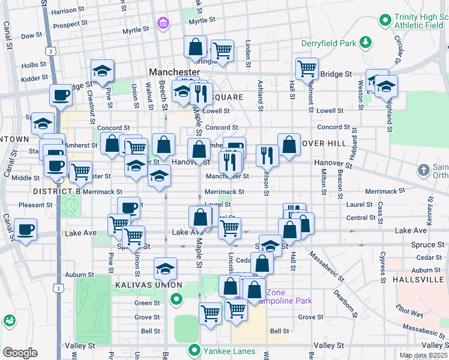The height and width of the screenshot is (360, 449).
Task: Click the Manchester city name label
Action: click(174, 72)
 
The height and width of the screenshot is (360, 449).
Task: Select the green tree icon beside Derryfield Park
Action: click(364, 43)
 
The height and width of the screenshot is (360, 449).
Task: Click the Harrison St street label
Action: click(68, 11)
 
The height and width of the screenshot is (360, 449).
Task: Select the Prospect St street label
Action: click(71, 25)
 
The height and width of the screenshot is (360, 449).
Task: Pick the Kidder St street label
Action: click(34, 79)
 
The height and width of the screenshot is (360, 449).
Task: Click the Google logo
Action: click(20, 352)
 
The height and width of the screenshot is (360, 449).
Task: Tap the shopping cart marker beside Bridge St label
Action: click(307, 68)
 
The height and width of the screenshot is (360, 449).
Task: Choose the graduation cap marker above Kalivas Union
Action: click(165, 269)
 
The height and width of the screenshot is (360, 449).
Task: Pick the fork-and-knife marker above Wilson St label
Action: click(267, 155)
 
